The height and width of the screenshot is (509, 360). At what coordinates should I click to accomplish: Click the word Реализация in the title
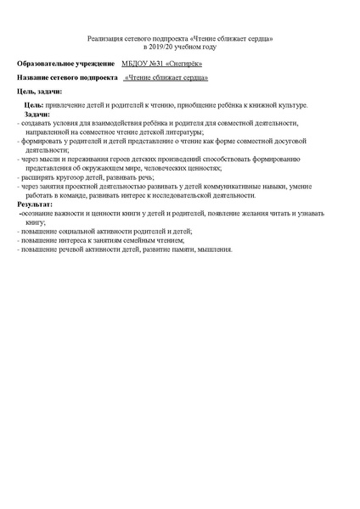[x=105, y=39]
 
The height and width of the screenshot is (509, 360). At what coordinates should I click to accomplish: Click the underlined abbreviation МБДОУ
[x=135, y=64]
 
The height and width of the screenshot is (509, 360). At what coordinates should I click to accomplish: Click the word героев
[x=139, y=159]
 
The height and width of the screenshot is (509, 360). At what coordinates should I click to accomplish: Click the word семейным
[x=149, y=240]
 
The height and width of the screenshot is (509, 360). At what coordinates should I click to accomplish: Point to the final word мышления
[x=213, y=249]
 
